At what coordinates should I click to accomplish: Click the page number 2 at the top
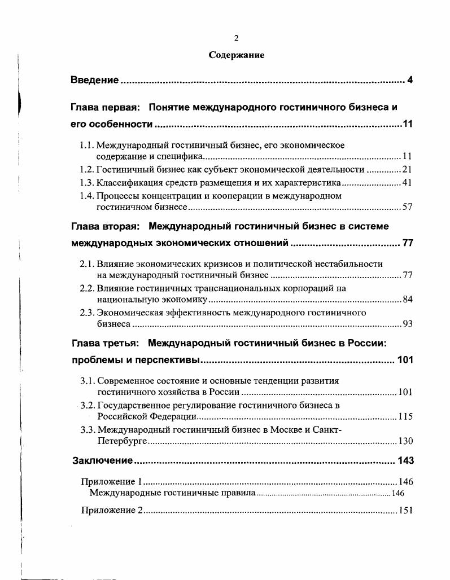tap(237, 38)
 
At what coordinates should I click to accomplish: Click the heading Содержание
tap(237, 55)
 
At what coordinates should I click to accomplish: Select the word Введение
tap(94, 80)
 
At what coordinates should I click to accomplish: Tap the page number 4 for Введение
tap(410, 80)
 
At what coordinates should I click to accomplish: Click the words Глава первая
tap(105, 107)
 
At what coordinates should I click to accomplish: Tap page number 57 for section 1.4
tap(407, 208)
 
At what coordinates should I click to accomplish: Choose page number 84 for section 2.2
tap(407, 299)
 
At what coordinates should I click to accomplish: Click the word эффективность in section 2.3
tap(178, 312)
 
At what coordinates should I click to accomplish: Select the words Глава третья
tap(104, 342)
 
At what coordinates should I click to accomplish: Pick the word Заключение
tap(102, 461)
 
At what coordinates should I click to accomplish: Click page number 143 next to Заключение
tap(405, 461)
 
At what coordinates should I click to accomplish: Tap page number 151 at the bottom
tap(406, 511)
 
